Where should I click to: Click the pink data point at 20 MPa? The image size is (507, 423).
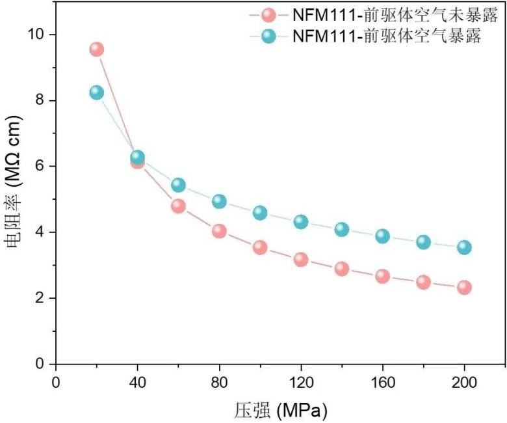[97, 49]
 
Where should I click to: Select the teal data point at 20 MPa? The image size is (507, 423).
[97, 92]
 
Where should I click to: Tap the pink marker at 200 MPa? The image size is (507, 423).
[464, 287]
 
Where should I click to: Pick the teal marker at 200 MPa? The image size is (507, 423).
[464, 247]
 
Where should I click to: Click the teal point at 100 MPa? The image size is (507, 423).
[260, 213]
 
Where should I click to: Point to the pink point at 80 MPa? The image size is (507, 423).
[219, 231]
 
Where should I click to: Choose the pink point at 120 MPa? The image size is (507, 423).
[301, 260]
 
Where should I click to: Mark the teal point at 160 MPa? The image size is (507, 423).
[383, 236]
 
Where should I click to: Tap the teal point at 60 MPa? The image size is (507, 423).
[179, 185]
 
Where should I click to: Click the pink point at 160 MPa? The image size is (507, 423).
[383, 277]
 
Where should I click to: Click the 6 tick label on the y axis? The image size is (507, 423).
[42, 166]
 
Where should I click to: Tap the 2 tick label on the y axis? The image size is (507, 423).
[42, 298]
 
